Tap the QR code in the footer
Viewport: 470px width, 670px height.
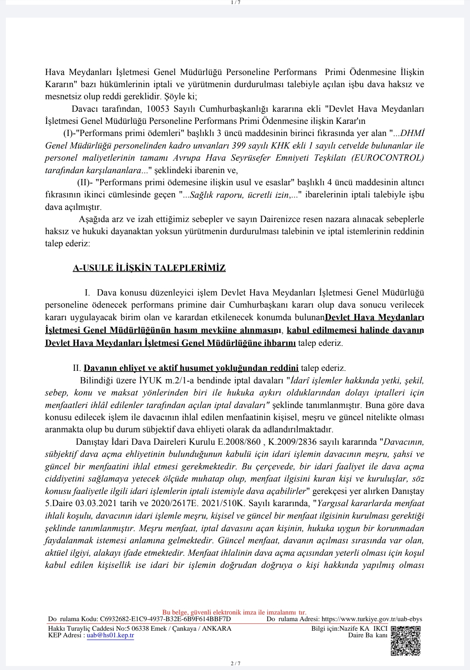(405, 641)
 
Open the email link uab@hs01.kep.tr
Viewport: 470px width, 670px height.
(110, 635)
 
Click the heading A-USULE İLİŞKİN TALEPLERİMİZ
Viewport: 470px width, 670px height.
(149, 268)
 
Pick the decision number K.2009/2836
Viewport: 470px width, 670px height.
(287, 442)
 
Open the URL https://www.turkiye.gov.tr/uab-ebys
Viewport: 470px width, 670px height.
(372, 619)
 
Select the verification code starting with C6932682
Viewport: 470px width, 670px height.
(165, 619)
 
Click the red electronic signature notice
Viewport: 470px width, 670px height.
(234, 612)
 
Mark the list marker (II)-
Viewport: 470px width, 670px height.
(85, 182)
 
